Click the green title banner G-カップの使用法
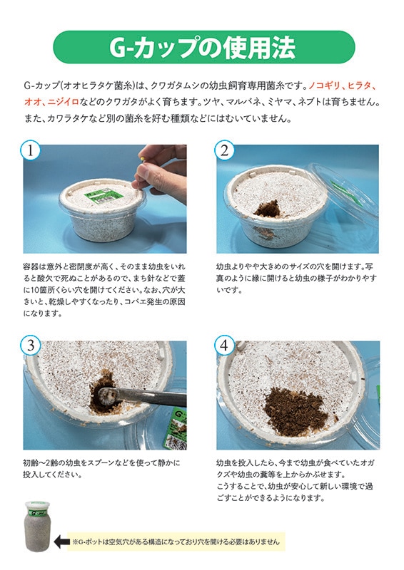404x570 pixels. [203, 47]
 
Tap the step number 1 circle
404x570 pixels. [31, 150]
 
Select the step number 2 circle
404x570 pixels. [224, 150]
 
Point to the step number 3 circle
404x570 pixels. [31, 346]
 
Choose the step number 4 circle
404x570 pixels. [224, 346]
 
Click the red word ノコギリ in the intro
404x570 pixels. [324, 85]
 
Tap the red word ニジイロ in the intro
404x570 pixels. [63, 102]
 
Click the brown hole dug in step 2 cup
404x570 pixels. [268, 209]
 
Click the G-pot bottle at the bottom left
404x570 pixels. [38, 526]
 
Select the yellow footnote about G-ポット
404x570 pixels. [176, 541]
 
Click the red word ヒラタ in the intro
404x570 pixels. [359, 85]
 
